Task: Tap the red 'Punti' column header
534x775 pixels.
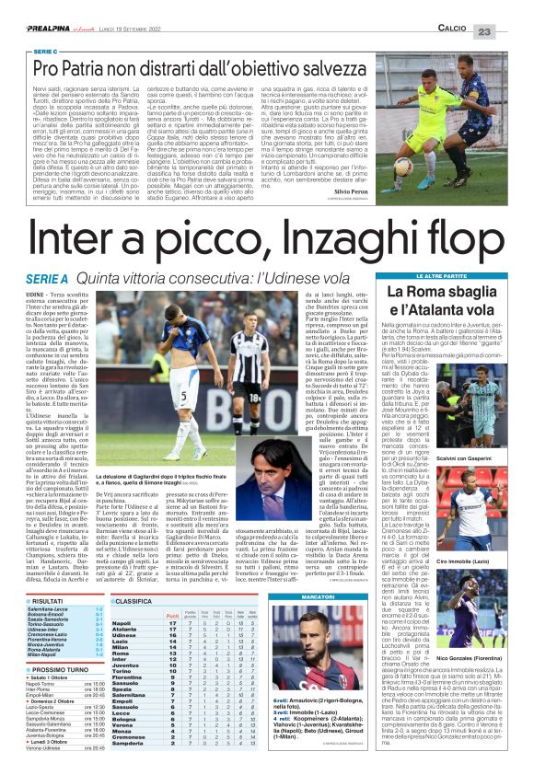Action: [x=169, y=614]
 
